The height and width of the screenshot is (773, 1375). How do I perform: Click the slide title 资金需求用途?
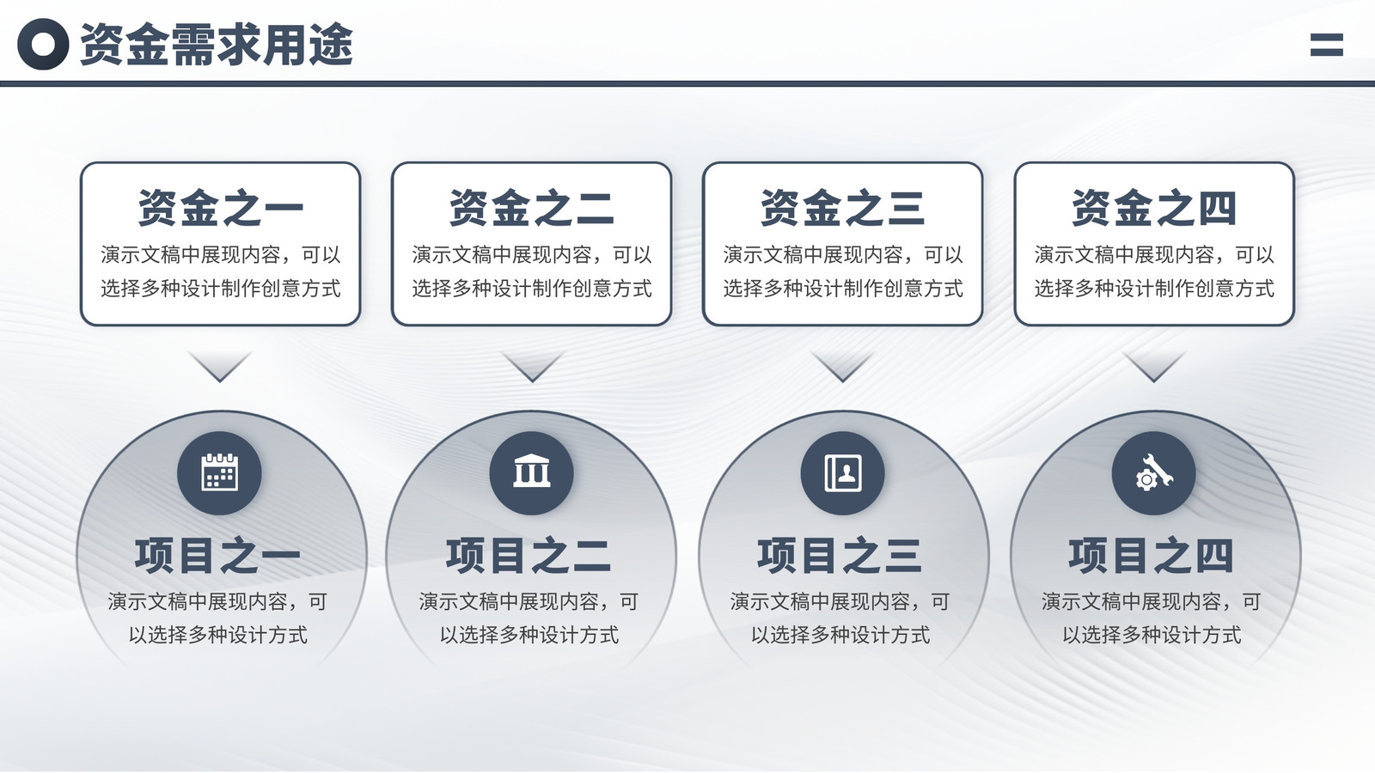[217, 44]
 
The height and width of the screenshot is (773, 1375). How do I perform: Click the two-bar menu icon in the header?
[1327, 45]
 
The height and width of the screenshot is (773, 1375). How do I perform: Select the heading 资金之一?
[220, 208]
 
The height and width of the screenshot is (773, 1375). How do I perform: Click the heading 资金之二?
[532, 208]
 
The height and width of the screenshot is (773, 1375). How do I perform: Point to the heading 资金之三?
[843, 208]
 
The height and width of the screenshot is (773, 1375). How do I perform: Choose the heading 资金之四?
[1154, 208]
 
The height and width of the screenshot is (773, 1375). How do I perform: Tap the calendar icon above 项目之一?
[220, 473]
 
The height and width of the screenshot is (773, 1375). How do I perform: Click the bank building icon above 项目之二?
[532, 472]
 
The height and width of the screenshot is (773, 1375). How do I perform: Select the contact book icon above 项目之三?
[843, 473]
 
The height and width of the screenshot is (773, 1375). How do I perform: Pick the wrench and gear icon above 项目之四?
[1154, 473]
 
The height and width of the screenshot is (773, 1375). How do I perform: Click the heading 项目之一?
[218, 556]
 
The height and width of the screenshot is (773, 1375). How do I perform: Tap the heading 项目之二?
[529, 556]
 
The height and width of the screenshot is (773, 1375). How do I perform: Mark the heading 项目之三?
[840, 556]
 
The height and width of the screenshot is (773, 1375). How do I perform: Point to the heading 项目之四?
[1151, 556]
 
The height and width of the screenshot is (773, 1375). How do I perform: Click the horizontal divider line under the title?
[687, 83]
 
